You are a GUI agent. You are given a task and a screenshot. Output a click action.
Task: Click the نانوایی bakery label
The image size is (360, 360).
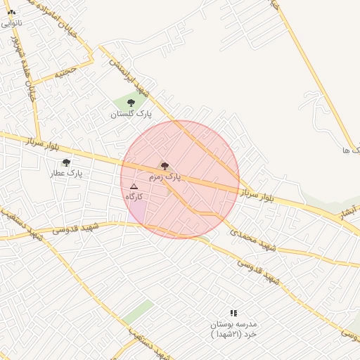pyautogui.click(x=11, y=23)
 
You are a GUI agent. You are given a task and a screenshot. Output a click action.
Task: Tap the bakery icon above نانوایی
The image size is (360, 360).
pyautogui.click(x=11, y=12)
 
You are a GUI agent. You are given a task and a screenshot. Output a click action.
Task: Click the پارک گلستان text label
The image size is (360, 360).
pyautogui.click(x=131, y=113)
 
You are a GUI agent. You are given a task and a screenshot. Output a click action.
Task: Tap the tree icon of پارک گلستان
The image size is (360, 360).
pyautogui.click(x=131, y=103)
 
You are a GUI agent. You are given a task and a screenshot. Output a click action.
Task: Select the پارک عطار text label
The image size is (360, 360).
pyautogui.click(x=68, y=173)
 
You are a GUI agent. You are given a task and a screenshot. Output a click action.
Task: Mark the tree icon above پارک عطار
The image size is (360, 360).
pyautogui.click(x=66, y=162)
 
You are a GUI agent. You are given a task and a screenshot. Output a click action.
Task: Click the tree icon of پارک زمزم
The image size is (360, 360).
pyautogui.click(x=165, y=166)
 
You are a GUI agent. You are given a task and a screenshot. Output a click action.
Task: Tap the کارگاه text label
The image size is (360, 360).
pyautogui.click(x=134, y=196)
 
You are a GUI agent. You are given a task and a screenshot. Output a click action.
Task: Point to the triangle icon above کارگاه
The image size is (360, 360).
pyautogui.click(x=134, y=186)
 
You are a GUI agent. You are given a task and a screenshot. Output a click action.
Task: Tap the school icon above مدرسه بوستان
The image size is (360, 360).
pyautogui.click(x=233, y=313)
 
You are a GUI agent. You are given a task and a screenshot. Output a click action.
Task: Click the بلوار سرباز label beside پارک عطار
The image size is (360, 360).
pyautogui.click(x=43, y=143)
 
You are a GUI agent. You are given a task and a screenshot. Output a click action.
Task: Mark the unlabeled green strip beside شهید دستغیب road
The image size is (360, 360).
pyautogui.click(x=138, y=311)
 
